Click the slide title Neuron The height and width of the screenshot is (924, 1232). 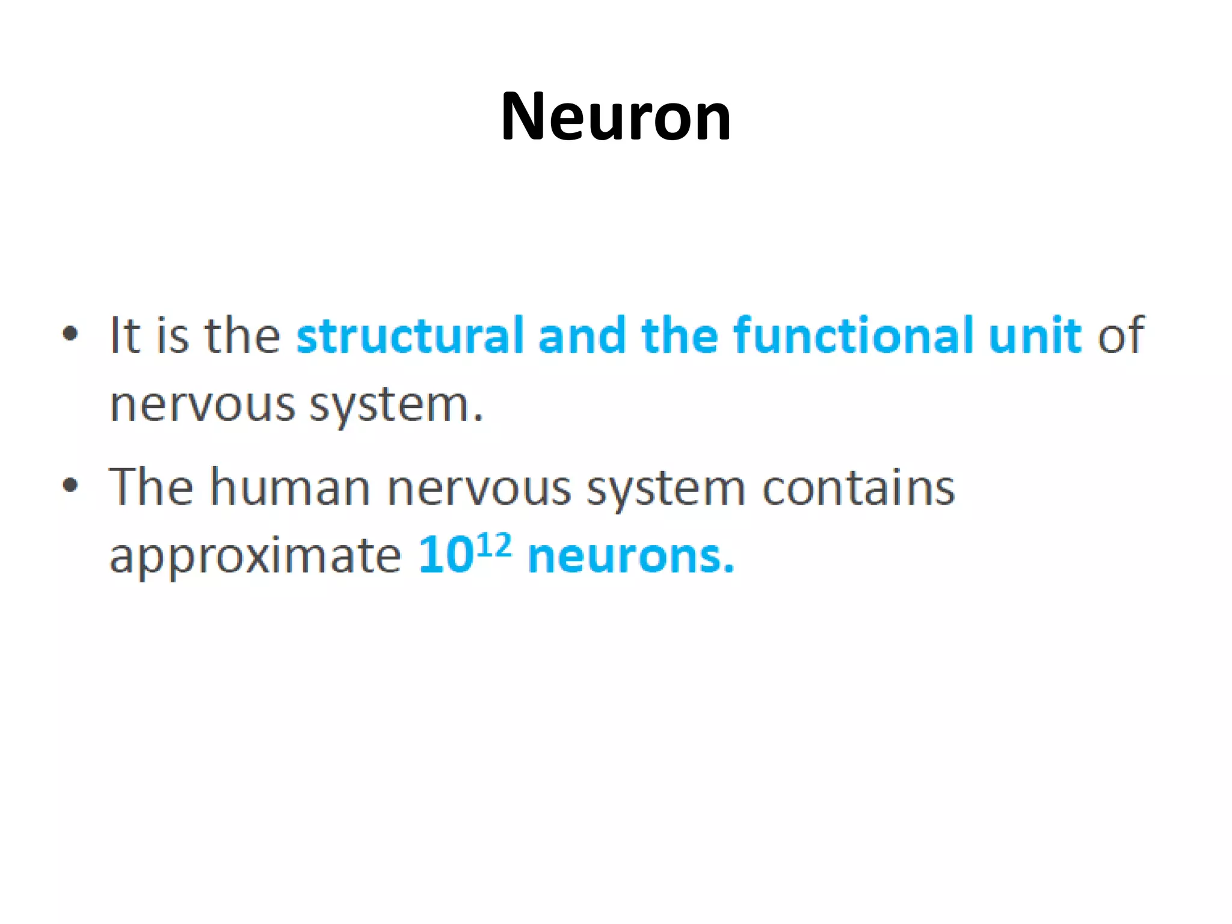point(615,116)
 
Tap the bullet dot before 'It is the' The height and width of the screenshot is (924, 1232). point(70,333)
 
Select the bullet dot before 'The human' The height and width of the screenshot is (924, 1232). point(70,484)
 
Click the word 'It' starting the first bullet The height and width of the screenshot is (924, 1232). point(125,335)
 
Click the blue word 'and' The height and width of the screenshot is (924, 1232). point(582,335)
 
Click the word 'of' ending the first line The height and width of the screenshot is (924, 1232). point(1120,335)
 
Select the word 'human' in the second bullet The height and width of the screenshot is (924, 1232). point(290,487)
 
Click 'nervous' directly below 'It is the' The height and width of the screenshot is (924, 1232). point(203,405)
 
